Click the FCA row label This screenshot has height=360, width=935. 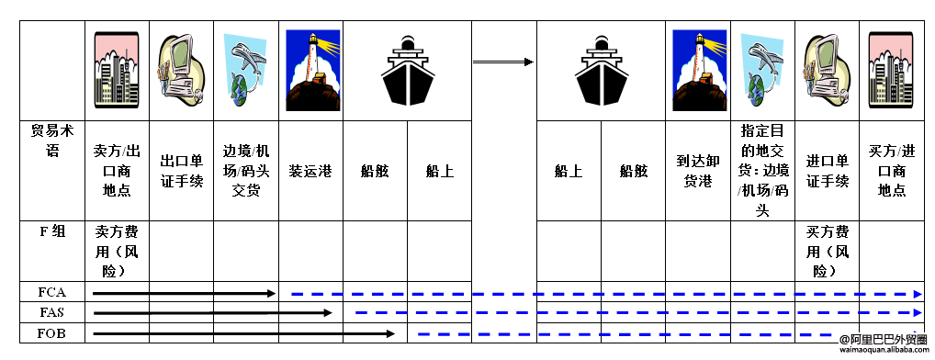pos(52,293)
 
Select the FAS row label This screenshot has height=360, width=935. pos(52,313)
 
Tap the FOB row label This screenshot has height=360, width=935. pos(52,333)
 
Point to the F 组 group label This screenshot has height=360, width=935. pos(52,231)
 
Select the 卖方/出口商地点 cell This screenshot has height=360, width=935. pos(117,170)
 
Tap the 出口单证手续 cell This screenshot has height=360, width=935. pos(181,170)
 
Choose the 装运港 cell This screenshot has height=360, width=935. pos(310,171)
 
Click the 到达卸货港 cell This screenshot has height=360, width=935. pos(698,170)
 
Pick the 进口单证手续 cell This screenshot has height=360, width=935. pos(827,170)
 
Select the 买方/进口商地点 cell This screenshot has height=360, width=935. pos(892,170)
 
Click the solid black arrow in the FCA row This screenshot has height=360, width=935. pos(184,293)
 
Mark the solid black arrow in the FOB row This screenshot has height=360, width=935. pos(243,333)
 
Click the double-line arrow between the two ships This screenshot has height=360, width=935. pos(503,62)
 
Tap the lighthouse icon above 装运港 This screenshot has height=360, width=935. pos(311,70)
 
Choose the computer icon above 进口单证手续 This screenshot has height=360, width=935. pos(826,70)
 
